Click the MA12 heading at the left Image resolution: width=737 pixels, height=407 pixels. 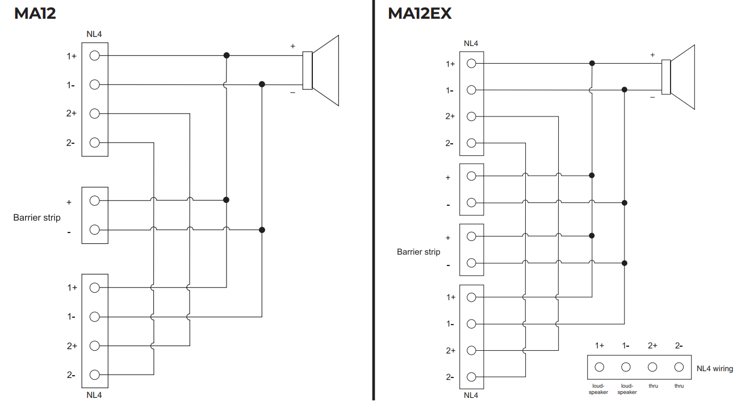35,13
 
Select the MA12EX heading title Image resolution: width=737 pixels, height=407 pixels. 420,13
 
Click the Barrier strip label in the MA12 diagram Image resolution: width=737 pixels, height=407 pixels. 37,217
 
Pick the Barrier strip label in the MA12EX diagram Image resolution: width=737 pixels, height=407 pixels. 418,252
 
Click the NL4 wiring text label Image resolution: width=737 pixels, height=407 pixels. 714,369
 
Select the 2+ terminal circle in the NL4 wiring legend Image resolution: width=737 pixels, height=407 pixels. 652,367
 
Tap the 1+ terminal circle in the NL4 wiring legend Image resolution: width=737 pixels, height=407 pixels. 600,367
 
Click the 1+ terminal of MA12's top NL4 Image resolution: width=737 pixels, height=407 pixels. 95,56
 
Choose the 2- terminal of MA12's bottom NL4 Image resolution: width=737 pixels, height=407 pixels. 95,375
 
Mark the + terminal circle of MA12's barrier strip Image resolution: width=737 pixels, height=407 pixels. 95,200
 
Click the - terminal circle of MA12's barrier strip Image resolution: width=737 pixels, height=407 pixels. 95,230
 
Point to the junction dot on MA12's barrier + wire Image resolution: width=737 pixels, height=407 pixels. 226,200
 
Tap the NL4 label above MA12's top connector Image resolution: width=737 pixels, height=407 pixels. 94,35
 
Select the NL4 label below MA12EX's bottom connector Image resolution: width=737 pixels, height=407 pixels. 471,396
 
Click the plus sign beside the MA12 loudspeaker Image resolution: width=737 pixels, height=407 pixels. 293,46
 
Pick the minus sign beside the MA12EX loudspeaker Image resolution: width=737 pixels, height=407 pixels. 652,97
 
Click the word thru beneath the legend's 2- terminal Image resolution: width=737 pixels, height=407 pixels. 679,386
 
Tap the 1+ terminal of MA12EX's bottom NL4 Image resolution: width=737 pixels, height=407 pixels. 471,297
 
